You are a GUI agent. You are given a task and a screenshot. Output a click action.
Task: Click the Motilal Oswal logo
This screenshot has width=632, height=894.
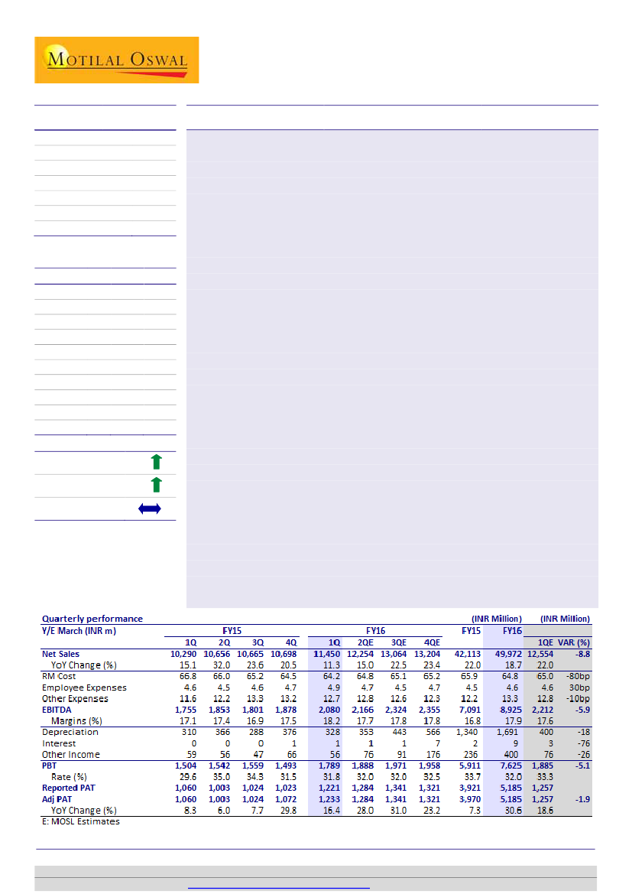(x=116, y=60)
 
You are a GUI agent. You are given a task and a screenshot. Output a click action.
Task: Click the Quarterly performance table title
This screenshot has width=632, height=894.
(x=92, y=619)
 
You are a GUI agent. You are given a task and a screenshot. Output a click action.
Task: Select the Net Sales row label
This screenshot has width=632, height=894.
(x=60, y=654)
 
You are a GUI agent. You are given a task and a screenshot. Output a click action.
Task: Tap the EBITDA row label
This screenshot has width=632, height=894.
(x=58, y=710)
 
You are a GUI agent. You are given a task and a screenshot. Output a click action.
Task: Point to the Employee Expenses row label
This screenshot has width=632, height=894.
(x=84, y=688)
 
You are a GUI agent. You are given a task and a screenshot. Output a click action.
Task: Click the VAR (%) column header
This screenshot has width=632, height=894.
(x=574, y=642)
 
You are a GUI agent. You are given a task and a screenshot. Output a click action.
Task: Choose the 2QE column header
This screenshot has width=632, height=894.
(x=365, y=642)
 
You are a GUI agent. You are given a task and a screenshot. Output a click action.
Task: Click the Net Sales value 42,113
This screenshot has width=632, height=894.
(x=468, y=654)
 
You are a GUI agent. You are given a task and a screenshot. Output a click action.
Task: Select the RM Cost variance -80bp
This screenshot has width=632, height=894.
(x=577, y=676)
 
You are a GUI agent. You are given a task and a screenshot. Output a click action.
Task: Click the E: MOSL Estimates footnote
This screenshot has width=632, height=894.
(x=80, y=821)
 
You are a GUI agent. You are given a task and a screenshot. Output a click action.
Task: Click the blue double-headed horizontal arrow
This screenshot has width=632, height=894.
(x=150, y=509)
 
